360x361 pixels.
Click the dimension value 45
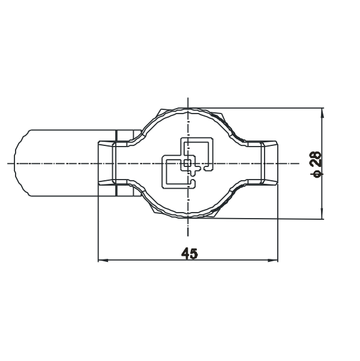click(x=190, y=253)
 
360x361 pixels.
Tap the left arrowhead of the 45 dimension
click(x=103, y=261)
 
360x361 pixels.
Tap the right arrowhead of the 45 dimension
click(x=273, y=261)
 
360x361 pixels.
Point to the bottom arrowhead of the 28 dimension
click(x=322, y=214)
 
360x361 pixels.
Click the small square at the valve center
click(x=187, y=163)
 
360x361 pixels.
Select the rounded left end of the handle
click(x=22, y=163)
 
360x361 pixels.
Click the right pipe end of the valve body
click(x=269, y=163)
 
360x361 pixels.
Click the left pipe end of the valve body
click(x=107, y=163)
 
